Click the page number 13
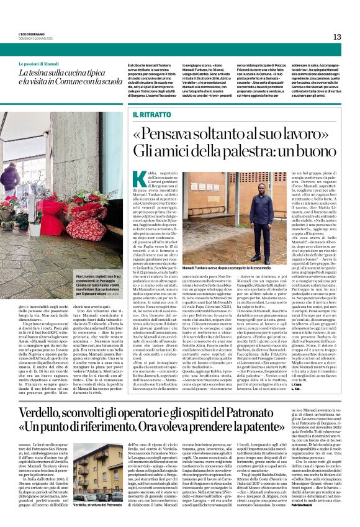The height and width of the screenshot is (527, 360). [337, 37]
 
